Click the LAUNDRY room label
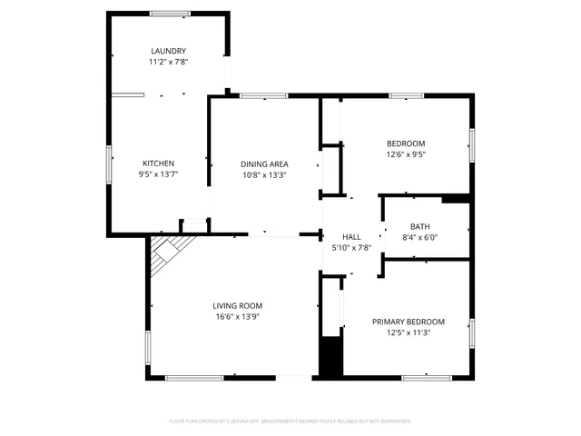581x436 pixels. coord(168,51)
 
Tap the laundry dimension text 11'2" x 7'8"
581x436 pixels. coord(168,63)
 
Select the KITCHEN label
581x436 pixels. coord(158,163)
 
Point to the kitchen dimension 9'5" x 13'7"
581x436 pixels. coord(158,174)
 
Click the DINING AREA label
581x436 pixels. coord(264,164)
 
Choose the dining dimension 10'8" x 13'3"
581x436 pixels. coord(264,175)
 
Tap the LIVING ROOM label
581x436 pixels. coord(238,306)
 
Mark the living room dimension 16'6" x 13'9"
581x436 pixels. coord(238,317)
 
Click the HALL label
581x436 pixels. coord(351,236)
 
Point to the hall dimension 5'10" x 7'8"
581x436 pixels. coord(351,247)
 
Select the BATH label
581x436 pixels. coord(420,227)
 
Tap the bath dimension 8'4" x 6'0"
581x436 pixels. coord(420,238)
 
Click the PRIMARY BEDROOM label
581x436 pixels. coord(409,322)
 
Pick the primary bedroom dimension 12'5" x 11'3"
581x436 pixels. coord(409,332)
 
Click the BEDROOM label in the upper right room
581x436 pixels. coord(406,144)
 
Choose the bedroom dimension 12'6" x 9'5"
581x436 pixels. coord(406,154)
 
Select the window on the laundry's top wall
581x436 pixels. coord(169,13)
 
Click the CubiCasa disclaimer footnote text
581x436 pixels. coord(290,421)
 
